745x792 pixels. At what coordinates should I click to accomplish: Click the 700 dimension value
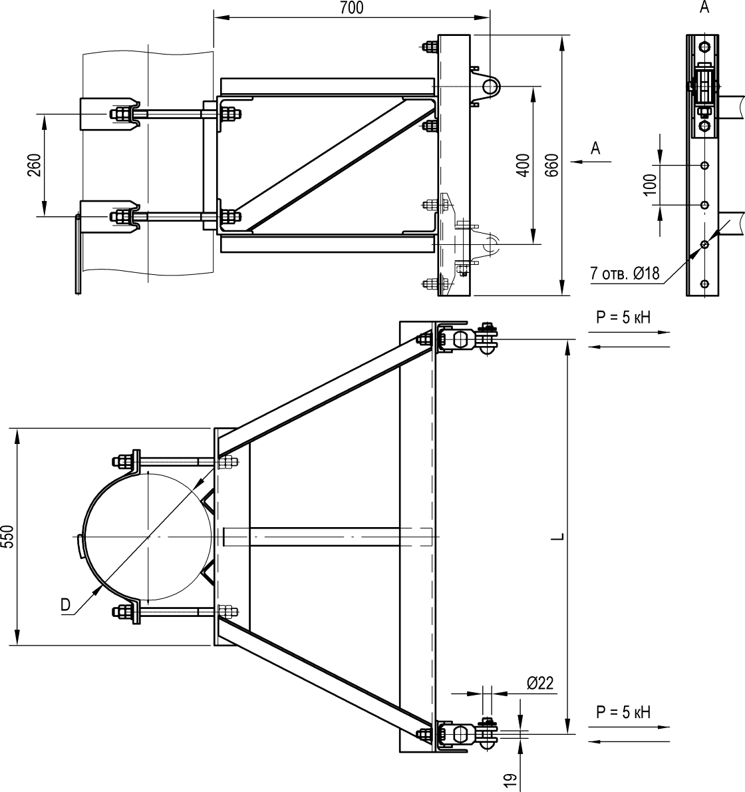[352, 7]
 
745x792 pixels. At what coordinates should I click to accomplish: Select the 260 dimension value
[35, 165]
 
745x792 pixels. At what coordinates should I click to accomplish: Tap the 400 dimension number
[523, 165]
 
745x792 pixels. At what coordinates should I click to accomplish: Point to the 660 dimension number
[552, 165]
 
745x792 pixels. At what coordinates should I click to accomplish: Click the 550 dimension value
[7, 536]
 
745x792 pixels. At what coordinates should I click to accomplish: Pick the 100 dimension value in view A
[650, 185]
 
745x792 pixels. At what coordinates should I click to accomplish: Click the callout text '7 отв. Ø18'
[625, 274]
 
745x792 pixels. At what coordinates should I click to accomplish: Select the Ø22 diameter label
[540, 683]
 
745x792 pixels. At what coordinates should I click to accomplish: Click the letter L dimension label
[557, 536]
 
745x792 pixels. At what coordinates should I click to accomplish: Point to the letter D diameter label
[66, 604]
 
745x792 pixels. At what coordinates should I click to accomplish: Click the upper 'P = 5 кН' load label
[623, 317]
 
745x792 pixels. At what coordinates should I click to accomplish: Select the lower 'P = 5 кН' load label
[623, 712]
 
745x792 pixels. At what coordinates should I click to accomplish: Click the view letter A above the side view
[704, 7]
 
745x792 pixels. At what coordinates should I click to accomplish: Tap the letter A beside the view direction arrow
[595, 148]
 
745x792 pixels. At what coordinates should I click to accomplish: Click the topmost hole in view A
[704, 47]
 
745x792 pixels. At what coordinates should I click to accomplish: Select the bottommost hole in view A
[704, 284]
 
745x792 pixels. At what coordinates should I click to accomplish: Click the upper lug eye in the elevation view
[490, 87]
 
